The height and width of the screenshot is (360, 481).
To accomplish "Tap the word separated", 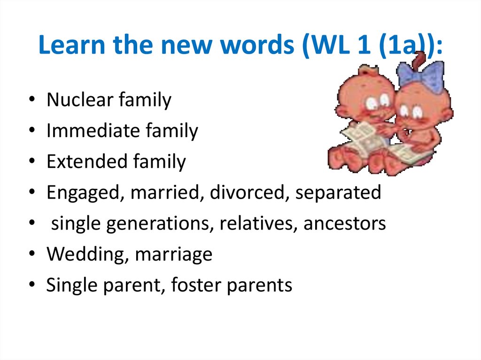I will click(338, 192).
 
